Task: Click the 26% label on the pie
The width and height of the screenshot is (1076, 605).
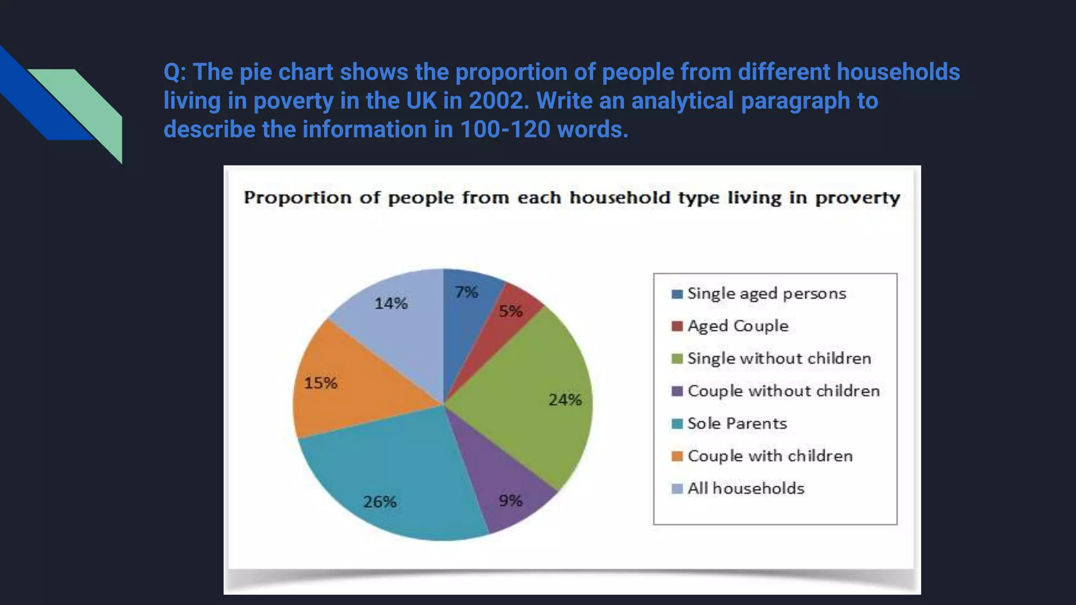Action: (380, 502)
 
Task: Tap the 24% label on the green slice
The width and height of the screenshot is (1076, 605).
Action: (565, 400)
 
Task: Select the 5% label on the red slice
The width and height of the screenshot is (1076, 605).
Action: (511, 311)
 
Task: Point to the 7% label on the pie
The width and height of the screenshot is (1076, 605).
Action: (467, 292)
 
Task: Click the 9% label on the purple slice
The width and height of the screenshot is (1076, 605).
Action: (511, 500)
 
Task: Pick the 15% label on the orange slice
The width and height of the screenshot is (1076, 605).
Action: (320, 383)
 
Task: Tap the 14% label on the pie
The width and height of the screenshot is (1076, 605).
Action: (391, 303)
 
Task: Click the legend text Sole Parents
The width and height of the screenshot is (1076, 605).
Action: (737, 423)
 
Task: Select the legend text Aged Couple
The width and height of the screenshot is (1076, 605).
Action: (738, 326)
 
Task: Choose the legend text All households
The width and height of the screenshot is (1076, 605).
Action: (746, 488)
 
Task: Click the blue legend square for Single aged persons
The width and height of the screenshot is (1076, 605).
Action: (677, 294)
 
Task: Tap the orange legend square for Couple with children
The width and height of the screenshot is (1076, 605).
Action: (677, 456)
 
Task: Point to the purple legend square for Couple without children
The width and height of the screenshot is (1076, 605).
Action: (677, 391)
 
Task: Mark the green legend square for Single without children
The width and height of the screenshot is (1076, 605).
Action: (677, 359)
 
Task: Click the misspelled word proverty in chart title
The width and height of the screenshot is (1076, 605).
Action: (857, 198)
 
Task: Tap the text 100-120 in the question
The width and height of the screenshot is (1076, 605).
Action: (504, 129)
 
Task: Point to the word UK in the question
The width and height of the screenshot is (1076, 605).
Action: (421, 100)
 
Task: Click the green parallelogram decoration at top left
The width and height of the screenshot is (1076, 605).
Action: (89, 105)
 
